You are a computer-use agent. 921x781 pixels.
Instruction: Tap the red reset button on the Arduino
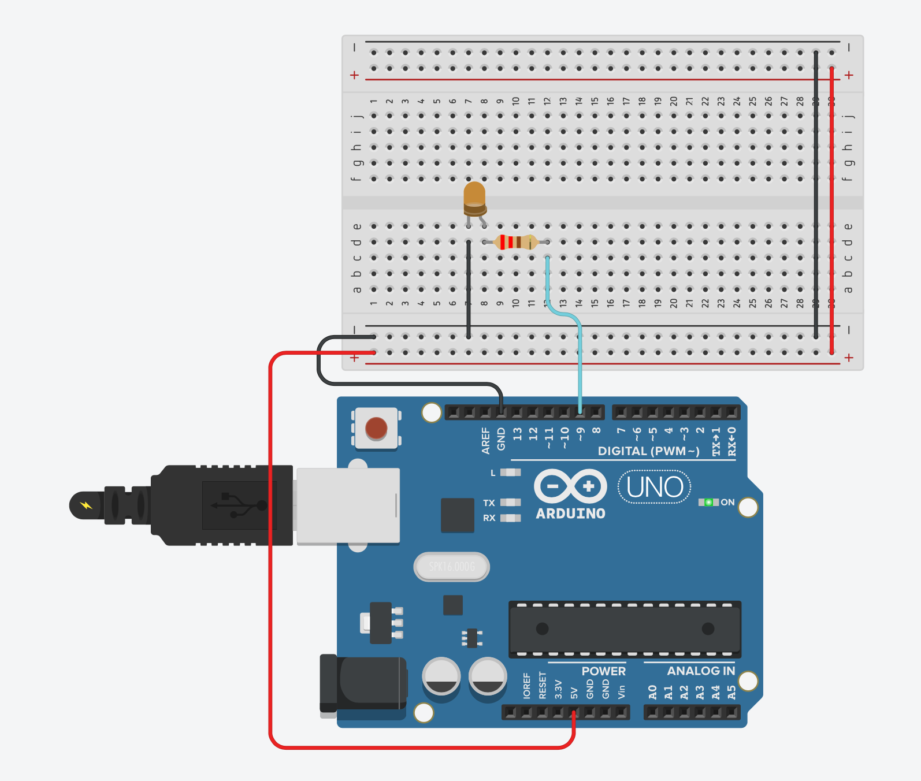pos(376,429)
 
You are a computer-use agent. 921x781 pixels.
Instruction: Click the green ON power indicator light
pos(708,502)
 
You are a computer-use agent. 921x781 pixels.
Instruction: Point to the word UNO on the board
pos(655,487)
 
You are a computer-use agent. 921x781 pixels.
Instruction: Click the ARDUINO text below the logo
pos(570,514)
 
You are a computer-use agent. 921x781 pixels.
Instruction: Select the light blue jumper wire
pos(580,364)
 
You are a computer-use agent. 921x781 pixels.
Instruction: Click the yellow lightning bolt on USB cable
pos(86,505)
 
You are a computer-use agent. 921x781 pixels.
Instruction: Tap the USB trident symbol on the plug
pos(239,505)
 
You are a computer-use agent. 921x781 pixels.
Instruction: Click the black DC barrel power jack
pos(364,683)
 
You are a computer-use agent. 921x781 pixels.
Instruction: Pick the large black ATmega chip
pos(625,628)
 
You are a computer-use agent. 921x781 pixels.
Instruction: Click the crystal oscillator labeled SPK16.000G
pos(452,567)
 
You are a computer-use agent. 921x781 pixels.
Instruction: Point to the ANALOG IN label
pos(700,671)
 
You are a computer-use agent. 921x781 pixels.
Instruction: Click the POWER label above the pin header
pos(603,671)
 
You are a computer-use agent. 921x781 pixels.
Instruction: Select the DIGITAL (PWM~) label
pos(648,451)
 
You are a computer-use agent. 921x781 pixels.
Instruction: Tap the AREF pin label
pos(485,440)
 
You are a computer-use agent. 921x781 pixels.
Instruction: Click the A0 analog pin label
pos(652,691)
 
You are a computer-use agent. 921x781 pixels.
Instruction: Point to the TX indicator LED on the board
pos(510,503)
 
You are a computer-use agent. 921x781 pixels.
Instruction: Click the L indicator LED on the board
pos(510,473)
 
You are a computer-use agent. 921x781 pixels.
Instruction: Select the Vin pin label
pos(622,691)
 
